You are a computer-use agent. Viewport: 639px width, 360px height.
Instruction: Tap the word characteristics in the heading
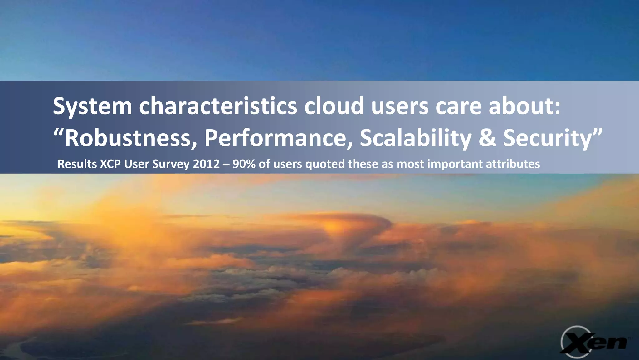tap(218, 106)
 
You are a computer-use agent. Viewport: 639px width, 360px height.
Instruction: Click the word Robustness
tap(131, 138)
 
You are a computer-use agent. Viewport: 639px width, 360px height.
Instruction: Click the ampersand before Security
tap(487, 138)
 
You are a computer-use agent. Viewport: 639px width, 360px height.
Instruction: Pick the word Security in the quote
tap(548, 138)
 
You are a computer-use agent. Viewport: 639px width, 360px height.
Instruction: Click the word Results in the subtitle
tap(77, 164)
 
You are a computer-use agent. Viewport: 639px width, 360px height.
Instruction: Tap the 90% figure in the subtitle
tap(244, 164)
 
